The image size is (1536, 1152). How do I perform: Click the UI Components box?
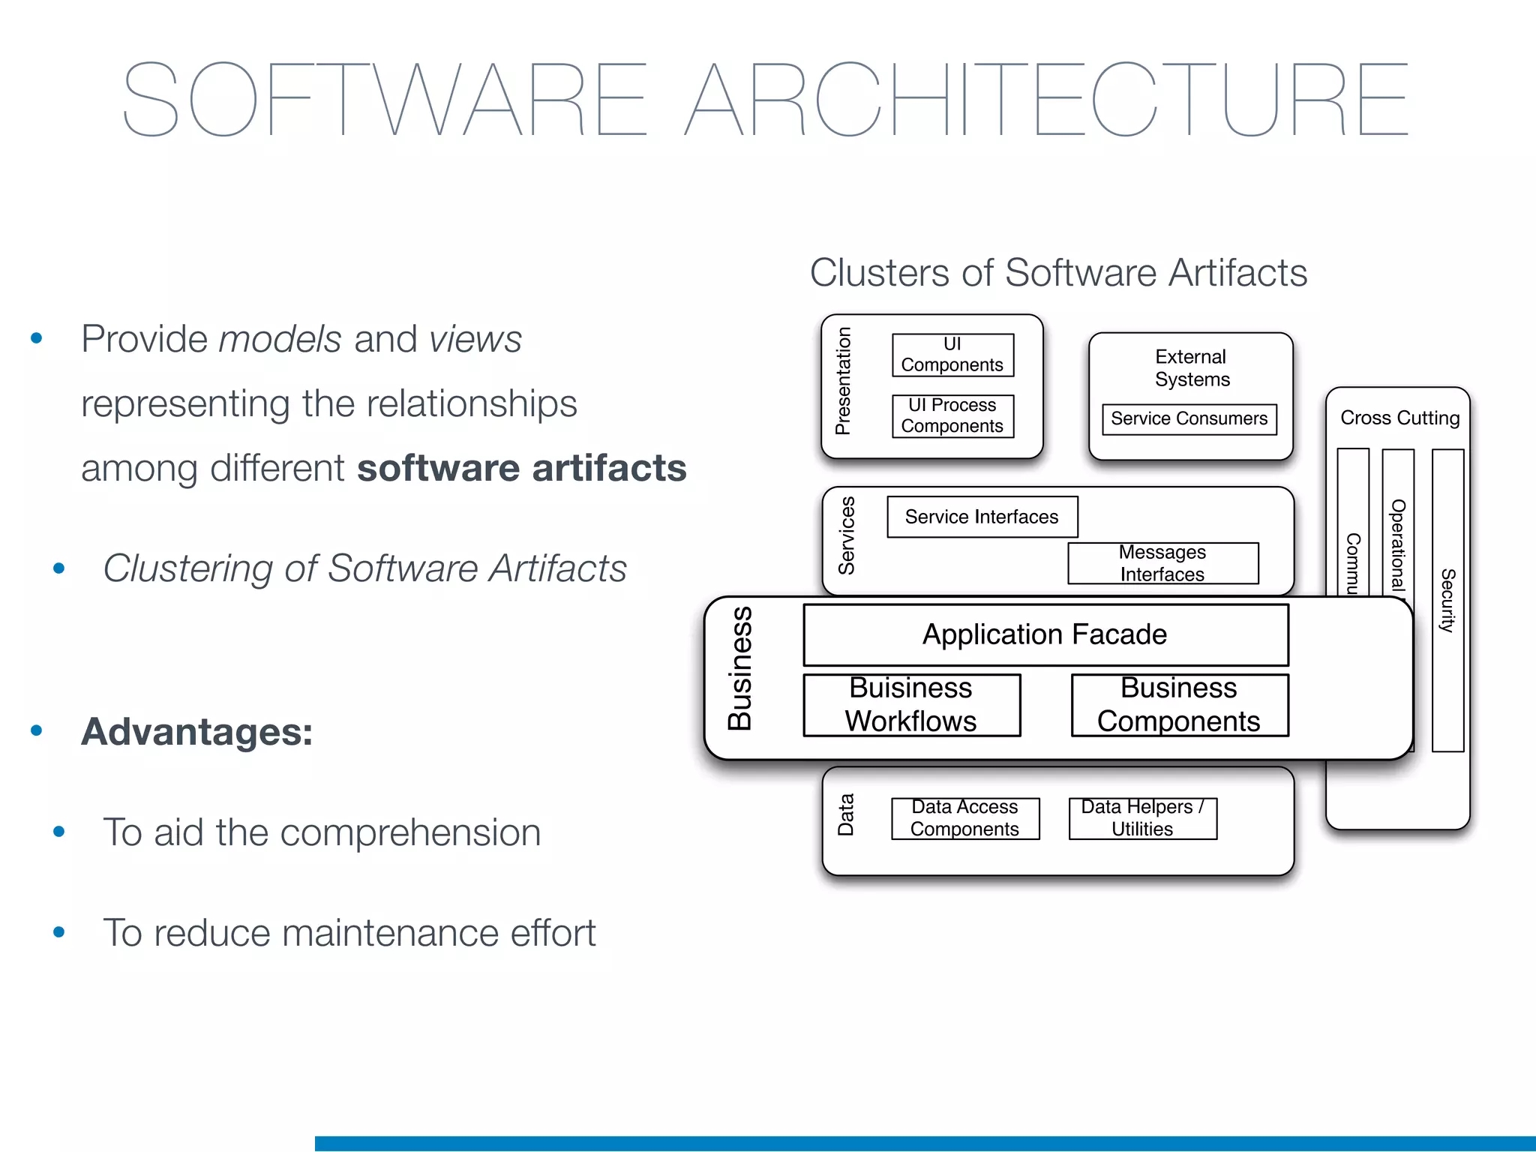pos(952,355)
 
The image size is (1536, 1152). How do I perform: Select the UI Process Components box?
pos(952,416)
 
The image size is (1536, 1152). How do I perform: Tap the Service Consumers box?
pos(1189,418)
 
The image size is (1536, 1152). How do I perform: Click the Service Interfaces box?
pos(982,517)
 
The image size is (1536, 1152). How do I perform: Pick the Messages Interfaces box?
pos(1162,563)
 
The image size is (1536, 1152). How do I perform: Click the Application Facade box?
pos(1045,634)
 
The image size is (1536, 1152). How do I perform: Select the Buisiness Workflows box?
pos(911,705)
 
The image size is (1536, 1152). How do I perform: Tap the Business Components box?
pos(1179,705)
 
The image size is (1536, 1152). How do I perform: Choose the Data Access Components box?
pos(965,818)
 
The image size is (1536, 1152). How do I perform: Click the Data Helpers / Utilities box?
pos(1142,818)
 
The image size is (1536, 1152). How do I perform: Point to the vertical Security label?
pos(1447,600)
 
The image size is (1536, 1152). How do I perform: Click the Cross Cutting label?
pos(1399,418)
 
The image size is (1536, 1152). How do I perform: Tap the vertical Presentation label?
pos(844,381)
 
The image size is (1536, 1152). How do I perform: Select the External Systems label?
pos(1191,367)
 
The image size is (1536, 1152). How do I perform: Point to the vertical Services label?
pos(847,535)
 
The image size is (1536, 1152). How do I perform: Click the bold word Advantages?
pos(196,731)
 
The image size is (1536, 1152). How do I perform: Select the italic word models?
pos(280,339)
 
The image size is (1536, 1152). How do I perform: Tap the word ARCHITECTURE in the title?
pos(1047,100)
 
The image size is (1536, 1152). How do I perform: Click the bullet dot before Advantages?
pos(36,730)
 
